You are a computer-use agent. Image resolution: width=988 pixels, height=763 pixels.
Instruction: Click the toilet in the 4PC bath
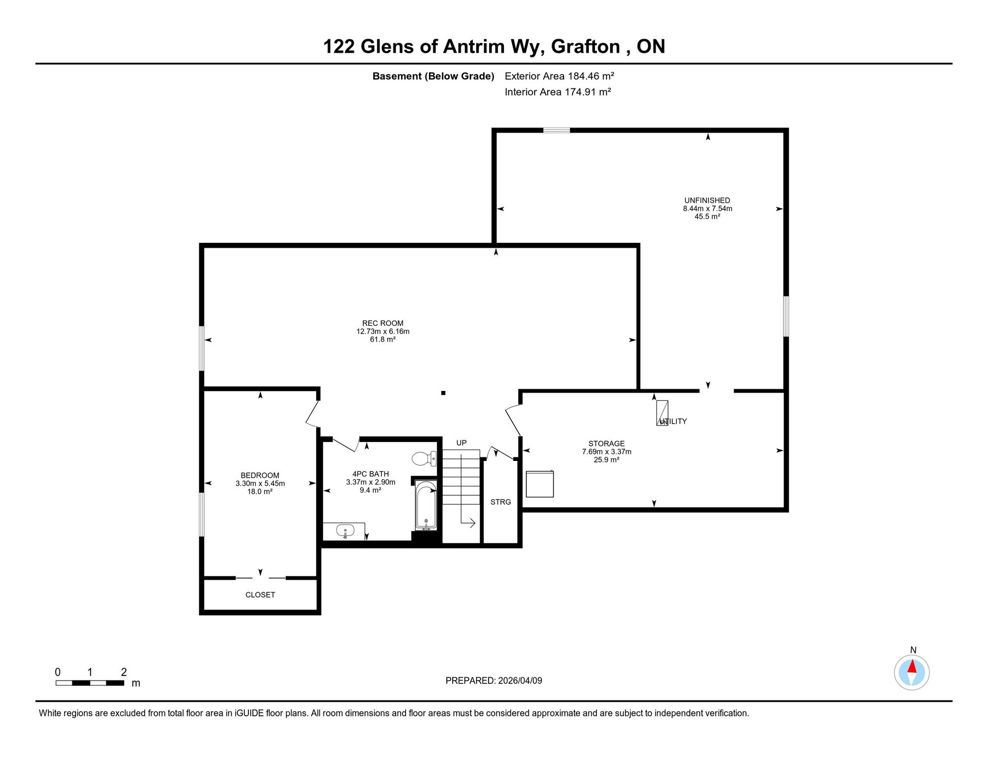point(424,458)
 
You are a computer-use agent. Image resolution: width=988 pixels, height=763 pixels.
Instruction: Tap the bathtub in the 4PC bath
point(426,505)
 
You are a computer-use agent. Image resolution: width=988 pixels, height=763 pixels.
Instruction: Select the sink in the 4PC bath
point(345,532)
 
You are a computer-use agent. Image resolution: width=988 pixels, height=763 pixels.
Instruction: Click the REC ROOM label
point(383,323)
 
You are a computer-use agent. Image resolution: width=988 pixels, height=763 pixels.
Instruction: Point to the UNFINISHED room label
point(707,201)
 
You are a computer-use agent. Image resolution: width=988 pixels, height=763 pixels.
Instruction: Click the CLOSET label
point(260,595)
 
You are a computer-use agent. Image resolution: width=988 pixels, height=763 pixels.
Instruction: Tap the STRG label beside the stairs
point(500,502)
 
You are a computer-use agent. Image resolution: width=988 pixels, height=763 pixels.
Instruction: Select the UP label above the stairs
point(461,443)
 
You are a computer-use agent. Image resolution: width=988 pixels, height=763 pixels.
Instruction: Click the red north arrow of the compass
point(912,667)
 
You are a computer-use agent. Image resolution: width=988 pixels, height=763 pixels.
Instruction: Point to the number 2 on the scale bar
point(124,672)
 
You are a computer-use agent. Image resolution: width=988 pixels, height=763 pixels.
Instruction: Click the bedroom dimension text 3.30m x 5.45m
point(260,483)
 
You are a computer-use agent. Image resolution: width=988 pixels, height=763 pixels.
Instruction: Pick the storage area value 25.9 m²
point(606,460)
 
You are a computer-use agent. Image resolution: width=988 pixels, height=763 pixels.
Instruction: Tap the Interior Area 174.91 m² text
point(558,92)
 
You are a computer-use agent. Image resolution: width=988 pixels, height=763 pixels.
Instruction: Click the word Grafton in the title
point(585,47)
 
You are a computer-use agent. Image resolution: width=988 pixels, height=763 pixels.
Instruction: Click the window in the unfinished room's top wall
point(556,130)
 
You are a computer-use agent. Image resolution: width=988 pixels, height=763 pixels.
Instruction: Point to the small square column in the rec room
point(443,393)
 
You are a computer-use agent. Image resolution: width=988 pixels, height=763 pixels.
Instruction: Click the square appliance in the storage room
point(540,484)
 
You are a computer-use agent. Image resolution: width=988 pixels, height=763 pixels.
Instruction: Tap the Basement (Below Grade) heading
point(433,76)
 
